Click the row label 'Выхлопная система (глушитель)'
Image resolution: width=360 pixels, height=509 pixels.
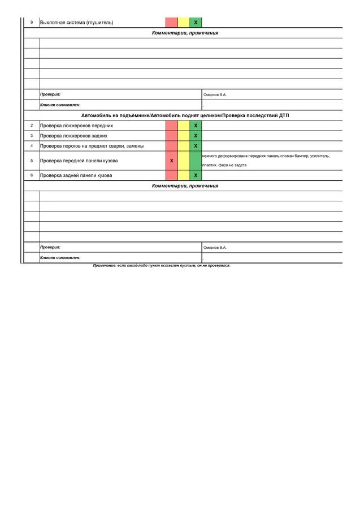pos(76,23)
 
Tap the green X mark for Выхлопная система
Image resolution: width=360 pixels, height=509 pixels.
pos(196,23)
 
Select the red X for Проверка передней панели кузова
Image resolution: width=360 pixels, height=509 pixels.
pos(171,161)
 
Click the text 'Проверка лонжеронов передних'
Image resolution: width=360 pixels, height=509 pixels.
pos(76,126)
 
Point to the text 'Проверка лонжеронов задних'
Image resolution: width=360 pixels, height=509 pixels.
pos(73,136)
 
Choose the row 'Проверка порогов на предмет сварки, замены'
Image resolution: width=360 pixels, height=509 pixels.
pos(92,146)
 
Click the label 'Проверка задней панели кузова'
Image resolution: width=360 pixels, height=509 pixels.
pos(76,175)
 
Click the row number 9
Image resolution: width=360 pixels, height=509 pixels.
pos(32,23)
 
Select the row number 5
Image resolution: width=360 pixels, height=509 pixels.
pos(32,161)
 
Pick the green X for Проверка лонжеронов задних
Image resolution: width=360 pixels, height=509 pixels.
pos(196,136)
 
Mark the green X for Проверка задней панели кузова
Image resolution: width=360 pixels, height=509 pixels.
pos(196,175)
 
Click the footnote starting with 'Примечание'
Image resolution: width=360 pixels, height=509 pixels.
pos(162,265)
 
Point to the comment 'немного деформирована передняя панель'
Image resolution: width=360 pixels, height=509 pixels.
pos(266,156)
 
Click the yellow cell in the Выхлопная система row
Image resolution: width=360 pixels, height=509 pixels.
pos(184,23)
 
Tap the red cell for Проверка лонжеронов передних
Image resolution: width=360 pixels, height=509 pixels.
pos(171,126)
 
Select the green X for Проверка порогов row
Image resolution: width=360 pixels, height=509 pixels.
pos(196,146)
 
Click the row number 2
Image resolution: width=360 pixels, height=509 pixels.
pos(32,126)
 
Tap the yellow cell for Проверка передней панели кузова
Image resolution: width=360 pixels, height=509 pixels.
pos(184,161)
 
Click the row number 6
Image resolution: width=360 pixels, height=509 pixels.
pos(32,175)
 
